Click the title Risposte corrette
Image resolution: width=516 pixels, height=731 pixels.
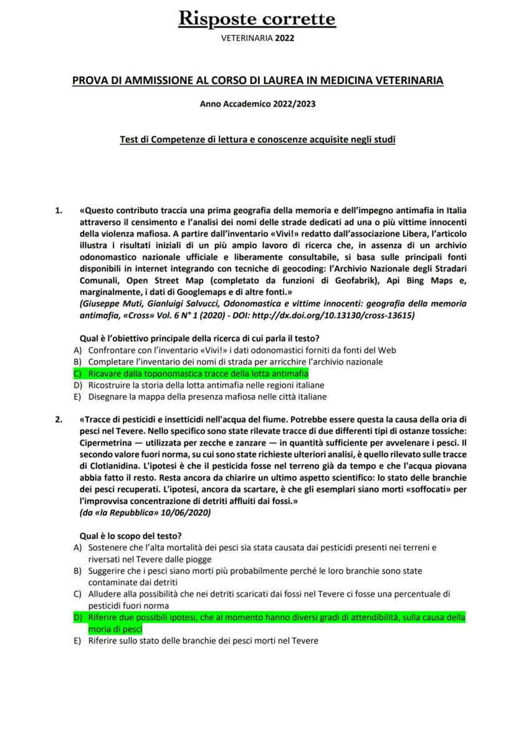click(257, 19)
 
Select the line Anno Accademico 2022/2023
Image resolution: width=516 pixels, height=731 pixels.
click(257, 104)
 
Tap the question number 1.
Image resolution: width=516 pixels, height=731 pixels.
click(59, 210)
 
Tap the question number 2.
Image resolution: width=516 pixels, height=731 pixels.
click(59, 419)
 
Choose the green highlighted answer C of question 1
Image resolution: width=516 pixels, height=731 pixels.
click(198, 373)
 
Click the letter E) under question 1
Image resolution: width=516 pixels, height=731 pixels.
click(77, 396)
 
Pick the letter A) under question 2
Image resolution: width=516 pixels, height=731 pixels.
click(77, 548)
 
